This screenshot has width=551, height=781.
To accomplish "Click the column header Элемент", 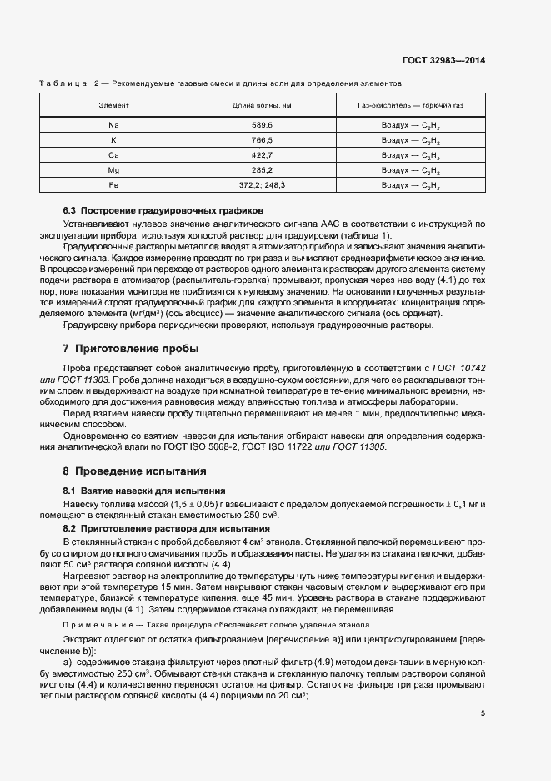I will point(113,106).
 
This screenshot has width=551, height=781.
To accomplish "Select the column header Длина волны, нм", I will point(262,106).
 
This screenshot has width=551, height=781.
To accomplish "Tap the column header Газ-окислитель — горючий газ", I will point(410,106).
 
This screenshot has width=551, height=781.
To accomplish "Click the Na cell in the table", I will point(113,124).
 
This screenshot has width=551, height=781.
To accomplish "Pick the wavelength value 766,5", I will point(262,139).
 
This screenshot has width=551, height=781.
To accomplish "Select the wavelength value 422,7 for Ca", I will point(262,155).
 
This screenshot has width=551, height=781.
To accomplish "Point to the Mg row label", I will point(113,170).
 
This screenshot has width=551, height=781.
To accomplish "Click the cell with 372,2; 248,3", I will point(262,185).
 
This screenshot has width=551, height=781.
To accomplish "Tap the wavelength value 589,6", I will point(262,124).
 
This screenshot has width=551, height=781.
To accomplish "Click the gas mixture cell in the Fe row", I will point(410,185).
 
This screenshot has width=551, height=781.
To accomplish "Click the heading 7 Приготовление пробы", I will point(132,348).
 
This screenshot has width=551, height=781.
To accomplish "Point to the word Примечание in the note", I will point(93,624).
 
